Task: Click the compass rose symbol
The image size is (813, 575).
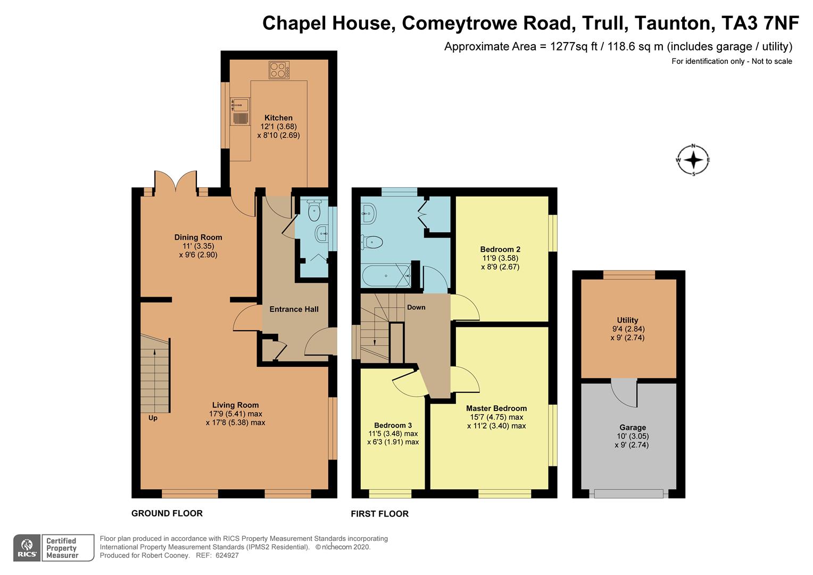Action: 693,160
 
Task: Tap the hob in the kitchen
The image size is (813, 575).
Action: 279,70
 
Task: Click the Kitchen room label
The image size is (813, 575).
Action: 278,118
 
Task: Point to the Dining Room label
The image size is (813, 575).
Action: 198,237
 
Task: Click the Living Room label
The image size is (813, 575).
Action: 236,405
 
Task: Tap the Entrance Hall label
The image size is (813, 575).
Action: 294,309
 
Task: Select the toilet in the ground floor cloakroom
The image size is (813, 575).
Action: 313,211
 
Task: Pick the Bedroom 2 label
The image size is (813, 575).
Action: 500,249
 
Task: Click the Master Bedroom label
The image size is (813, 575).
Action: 496,408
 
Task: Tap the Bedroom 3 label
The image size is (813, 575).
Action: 393,425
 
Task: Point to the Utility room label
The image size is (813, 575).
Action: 627,320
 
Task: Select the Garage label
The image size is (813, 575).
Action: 633,428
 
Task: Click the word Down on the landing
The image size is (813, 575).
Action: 416,307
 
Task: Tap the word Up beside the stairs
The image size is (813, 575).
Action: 153,418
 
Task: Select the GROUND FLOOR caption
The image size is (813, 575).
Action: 167,513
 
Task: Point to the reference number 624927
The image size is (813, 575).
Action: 227,555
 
